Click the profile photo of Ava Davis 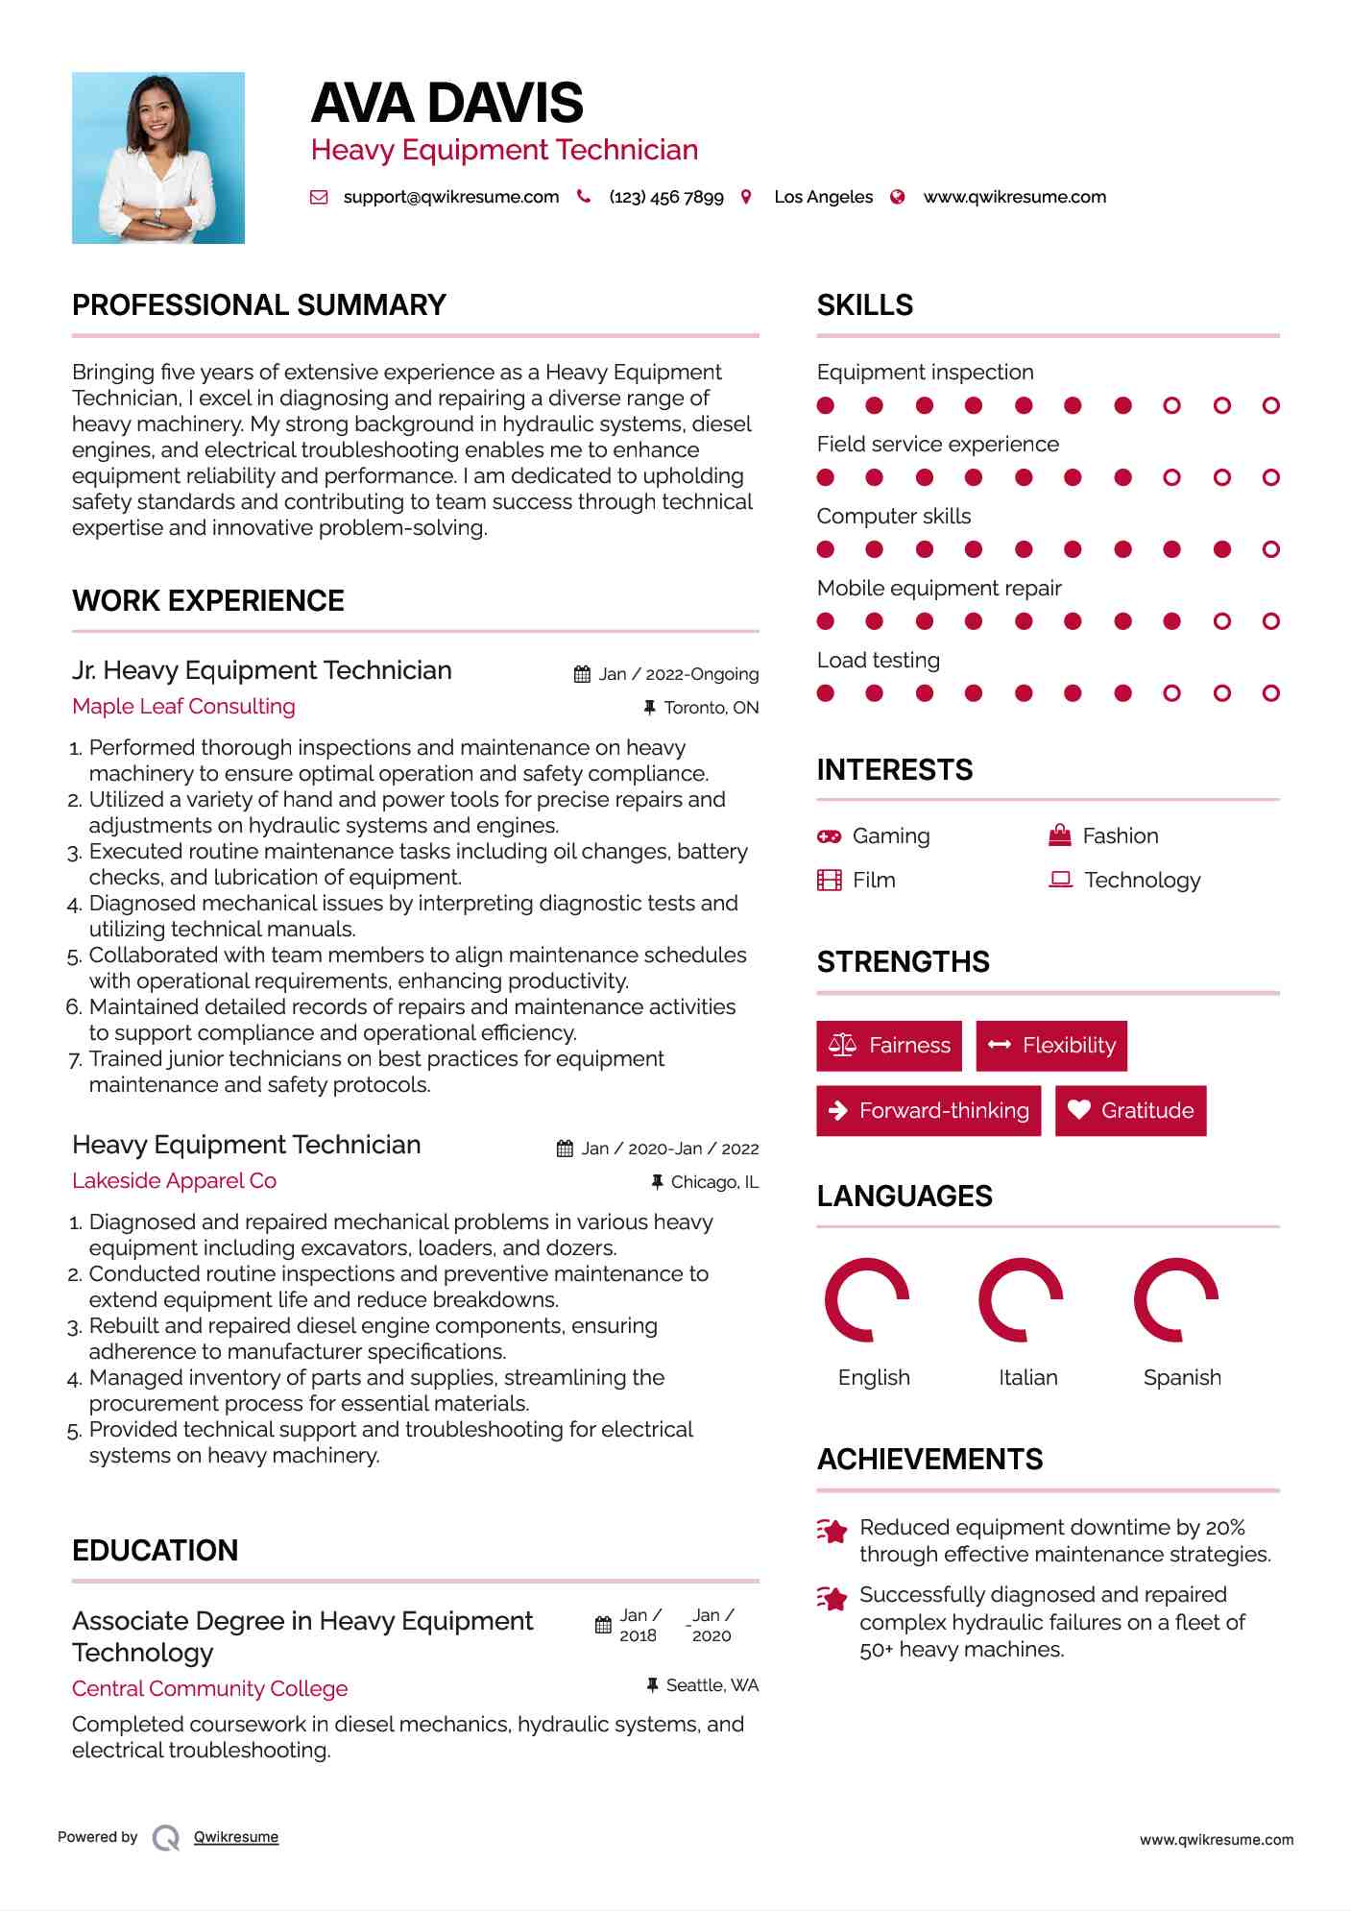click(x=158, y=157)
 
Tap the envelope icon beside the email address click(x=319, y=197)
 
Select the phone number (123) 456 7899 click(x=665, y=197)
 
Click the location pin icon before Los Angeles click(x=746, y=197)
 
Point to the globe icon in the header click(x=898, y=197)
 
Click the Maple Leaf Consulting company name click(x=183, y=706)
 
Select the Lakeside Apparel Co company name click(x=174, y=1180)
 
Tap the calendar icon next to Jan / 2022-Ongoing click(x=582, y=674)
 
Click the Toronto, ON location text click(x=711, y=708)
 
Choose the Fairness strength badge click(x=889, y=1045)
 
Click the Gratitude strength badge click(x=1130, y=1110)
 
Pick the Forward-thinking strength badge click(x=929, y=1110)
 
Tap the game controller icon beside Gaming click(x=829, y=836)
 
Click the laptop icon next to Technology click(x=1060, y=880)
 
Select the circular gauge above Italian click(x=1021, y=1299)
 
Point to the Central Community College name click(x=209, y=1688)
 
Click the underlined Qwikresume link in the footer click(x=236, y=1837)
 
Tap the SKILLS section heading click(x=865, y=305)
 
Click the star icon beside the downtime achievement click(x=832, y=1531)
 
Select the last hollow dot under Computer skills click(x=1270, y=549)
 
